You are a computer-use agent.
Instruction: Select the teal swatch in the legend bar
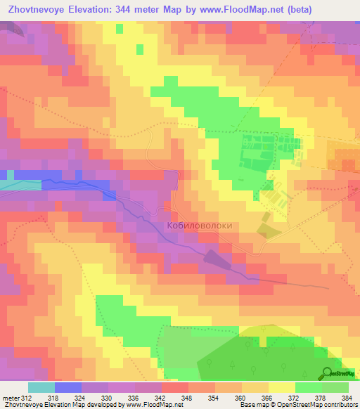coord(41,387)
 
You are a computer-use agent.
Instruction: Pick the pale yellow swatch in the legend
coord(282,387)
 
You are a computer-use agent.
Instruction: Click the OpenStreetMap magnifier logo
coord(328,373)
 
